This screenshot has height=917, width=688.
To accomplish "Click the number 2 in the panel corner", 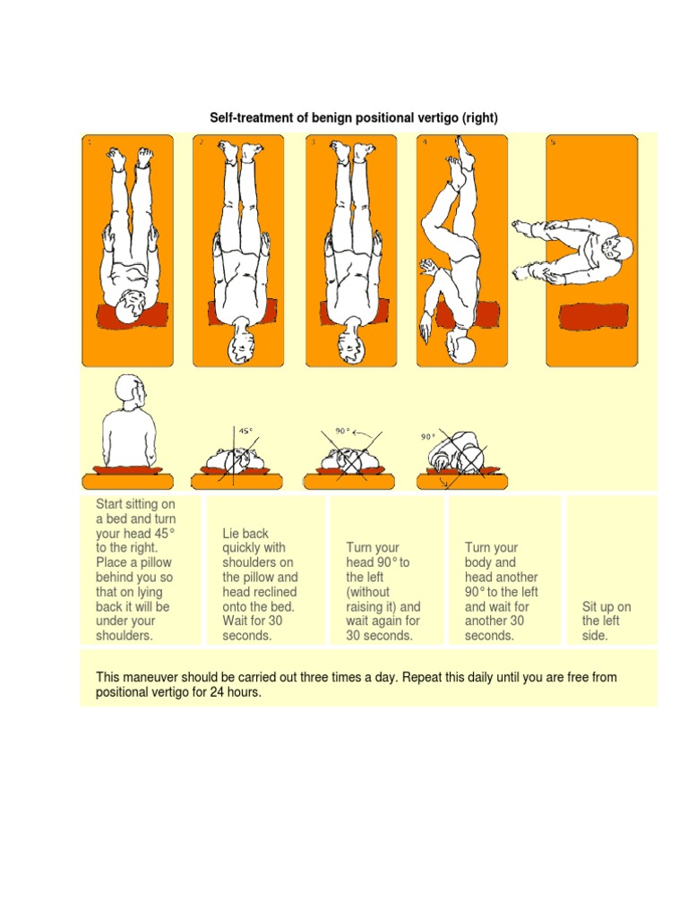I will coord(202,141).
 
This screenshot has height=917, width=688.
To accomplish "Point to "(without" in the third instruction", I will coord(370,592).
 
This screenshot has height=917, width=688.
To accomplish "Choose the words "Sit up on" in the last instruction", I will coord(606,606).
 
